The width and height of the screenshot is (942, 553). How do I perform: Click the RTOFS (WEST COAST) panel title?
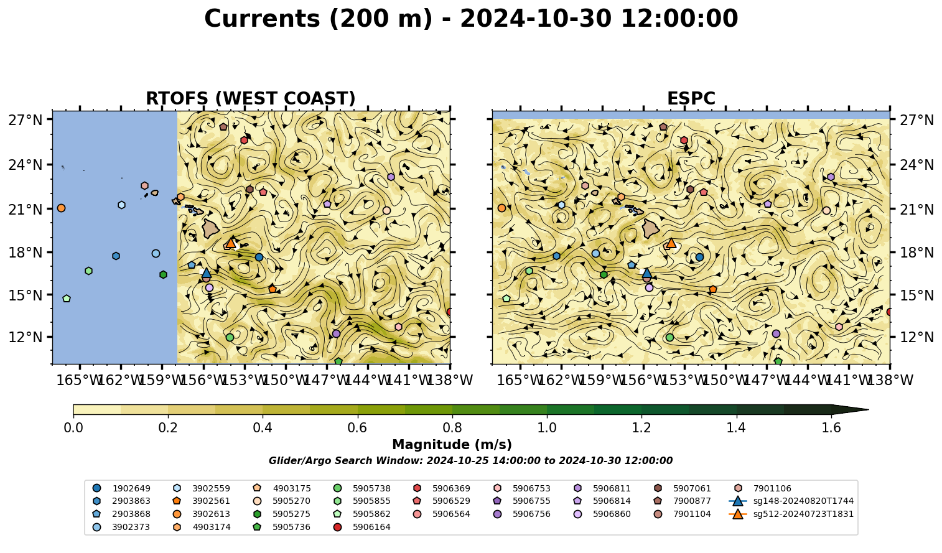pyautogui.click(x=251, y=98)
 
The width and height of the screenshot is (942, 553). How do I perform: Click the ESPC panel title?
pyautogui.click(x=691, y=98)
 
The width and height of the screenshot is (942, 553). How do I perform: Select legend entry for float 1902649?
pyautogui.click(x=121, y=488)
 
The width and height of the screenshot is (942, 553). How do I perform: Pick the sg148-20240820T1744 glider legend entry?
pyautogui.click(x=791, y=501)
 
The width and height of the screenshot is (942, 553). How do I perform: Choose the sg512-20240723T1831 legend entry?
pyautogui.click(x=791, y=514)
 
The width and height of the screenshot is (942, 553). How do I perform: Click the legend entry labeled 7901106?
pyautogui.click(x=762, y=488)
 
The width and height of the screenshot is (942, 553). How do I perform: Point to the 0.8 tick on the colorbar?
pyautogui.click(x=452, y=416)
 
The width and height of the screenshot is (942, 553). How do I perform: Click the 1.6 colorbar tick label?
pyautogui.click(x=831, y=428)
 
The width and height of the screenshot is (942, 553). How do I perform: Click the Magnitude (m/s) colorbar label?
pyautogui.click(x=452, y=445)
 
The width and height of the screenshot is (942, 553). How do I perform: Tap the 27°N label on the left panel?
pyautogui.click(x=26, y=120)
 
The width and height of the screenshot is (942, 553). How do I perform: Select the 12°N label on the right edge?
pyautogui.click(x=916, y=337)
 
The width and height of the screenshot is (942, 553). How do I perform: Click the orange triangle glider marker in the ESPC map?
pyautogui.click(x=671, y=243)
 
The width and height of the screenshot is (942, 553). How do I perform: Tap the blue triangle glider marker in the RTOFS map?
pyautogui.click(x=206, y=273)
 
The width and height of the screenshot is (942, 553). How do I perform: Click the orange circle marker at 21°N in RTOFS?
pyautogui.click(x=61, y=208)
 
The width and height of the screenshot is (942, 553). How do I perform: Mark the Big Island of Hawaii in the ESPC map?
pyautogui.click(x=651, y=229)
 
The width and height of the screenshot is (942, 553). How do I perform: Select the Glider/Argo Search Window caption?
pyautogui.click(x=470, y=460)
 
